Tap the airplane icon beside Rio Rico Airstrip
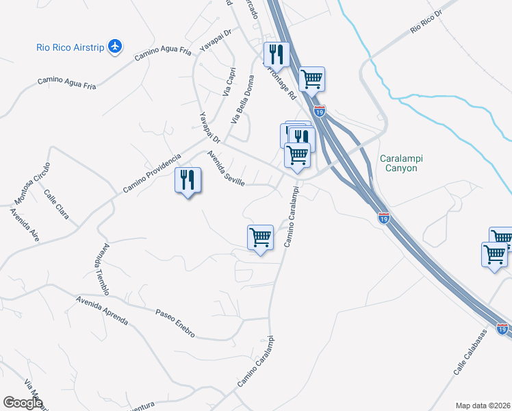115,47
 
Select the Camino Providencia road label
152,173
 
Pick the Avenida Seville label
225,173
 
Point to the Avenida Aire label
24,223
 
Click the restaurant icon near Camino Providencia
188,180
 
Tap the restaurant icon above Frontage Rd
277,54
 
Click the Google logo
23,402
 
